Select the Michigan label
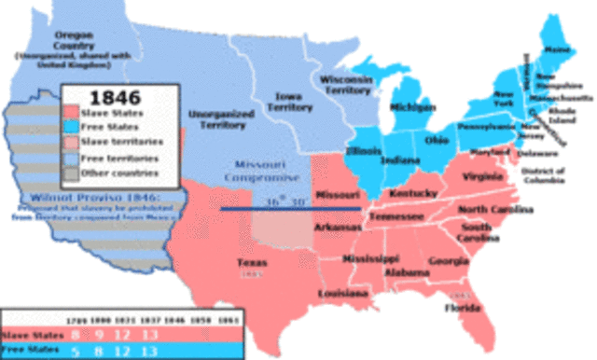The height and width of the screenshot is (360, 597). pos(411,108)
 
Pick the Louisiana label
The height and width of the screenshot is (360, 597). pos(344,292)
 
